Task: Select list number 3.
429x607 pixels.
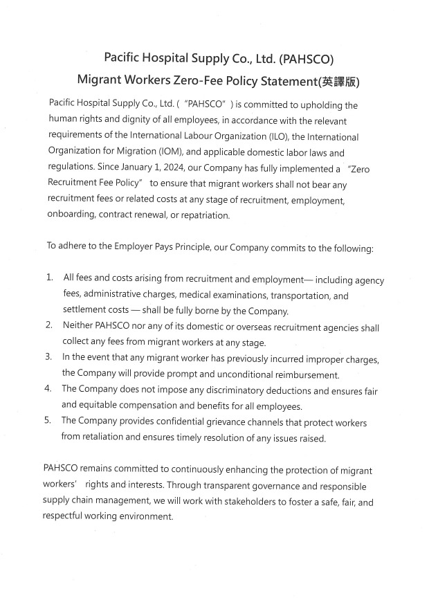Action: pyautogui.click(x=50, y=359)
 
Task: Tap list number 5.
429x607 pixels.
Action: pyautogui.click(x=50, y=422)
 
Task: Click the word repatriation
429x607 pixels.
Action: pyautogui.click(x=203, y=216)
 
